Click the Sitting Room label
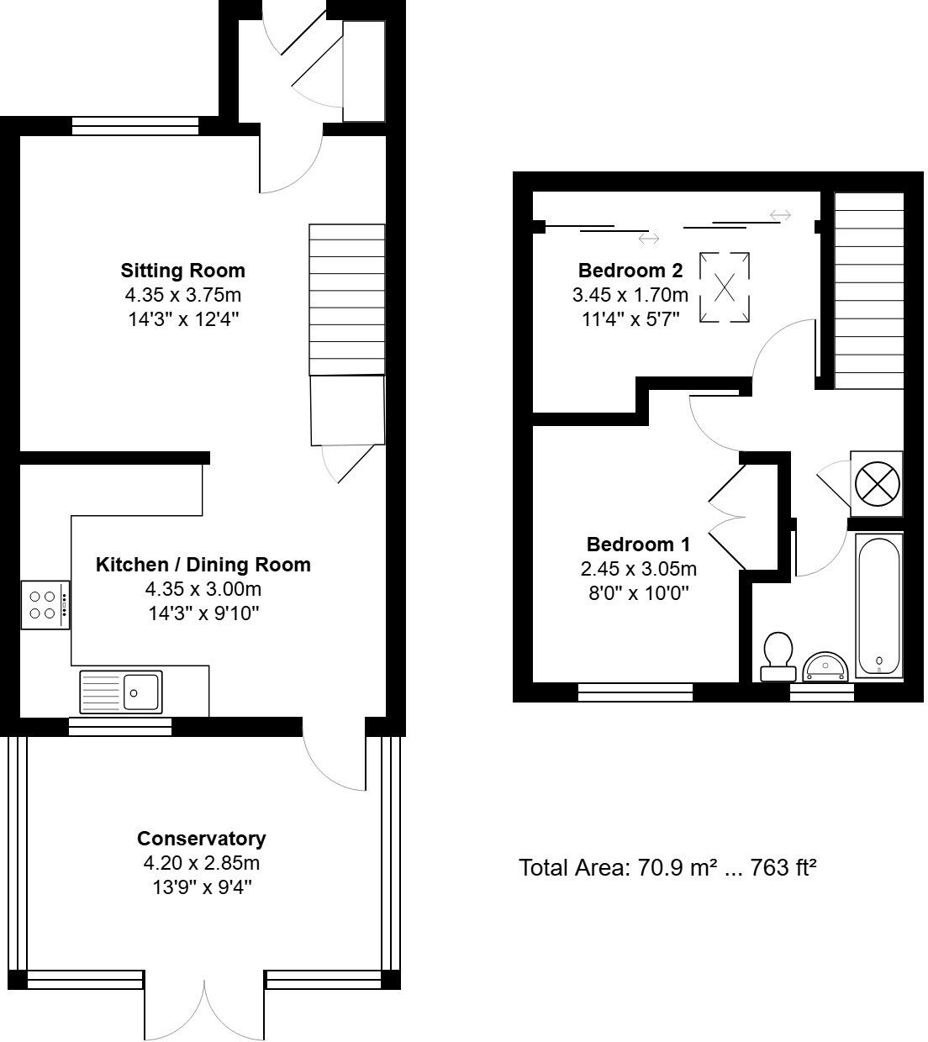182,271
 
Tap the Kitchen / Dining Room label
203,565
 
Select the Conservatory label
201,839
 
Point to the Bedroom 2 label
630,271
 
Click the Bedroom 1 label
638,544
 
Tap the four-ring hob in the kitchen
46,605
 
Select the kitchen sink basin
142,692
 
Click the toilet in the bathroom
778,656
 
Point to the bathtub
878,605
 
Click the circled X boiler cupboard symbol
877,483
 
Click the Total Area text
667,867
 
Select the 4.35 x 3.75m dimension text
182,295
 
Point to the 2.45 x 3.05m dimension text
638,569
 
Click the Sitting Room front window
135,126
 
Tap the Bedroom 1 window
635,692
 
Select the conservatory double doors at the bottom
204,1008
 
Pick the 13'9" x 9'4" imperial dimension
201,887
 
